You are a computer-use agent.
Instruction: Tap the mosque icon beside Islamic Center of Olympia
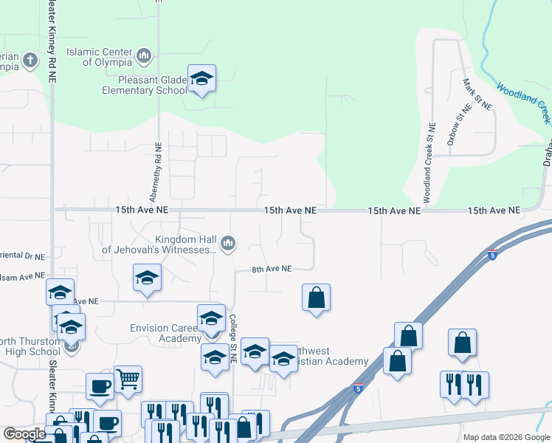click(x=144, y=55)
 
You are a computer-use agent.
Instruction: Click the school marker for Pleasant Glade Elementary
click(x=201, y=79)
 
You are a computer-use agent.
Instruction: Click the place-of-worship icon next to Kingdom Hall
click(x=229, y=242)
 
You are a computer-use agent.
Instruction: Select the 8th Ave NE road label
click(x=272, y=269)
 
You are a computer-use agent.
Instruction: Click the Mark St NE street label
click(x=477, y=95)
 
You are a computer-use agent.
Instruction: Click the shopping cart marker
click(x=128, y=380)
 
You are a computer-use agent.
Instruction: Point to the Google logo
click(x=24, y=434)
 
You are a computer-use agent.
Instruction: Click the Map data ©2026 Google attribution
click(x=506, y=437)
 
